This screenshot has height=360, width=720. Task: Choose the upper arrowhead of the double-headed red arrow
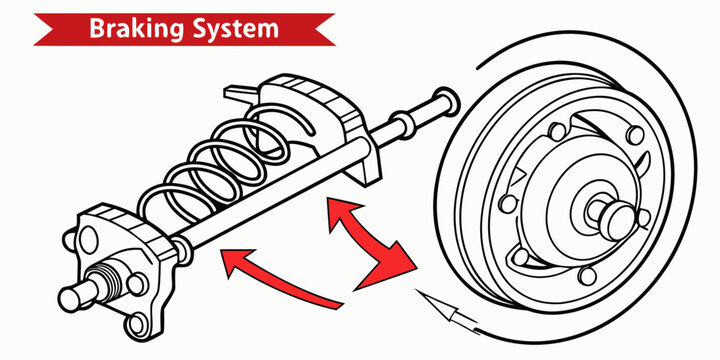pos(334,211)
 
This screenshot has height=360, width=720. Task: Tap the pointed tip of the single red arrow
pos(223,262)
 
